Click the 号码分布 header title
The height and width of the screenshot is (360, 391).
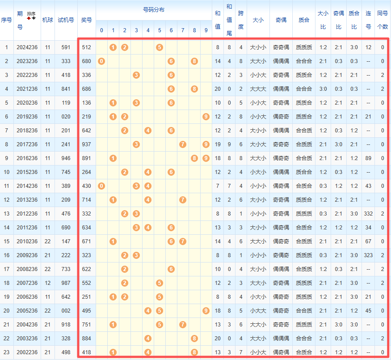click(x=154, y=10)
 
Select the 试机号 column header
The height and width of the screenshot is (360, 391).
click(x=66, y=20)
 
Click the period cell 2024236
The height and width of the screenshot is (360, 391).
click(x=27, y=47)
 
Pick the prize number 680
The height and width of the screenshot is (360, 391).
click(x=87, y=61)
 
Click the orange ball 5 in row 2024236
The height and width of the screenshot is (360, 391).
click(x=160, y=47)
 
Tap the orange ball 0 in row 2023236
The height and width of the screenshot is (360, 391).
click(x=101, y=61)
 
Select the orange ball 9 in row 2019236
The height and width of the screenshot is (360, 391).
click(x=206, y=117)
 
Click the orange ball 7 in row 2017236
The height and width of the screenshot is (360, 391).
click(x=183, y=144)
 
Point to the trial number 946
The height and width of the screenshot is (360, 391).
click(x=66, y=158)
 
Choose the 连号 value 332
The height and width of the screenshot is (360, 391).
click(x=368, y=214)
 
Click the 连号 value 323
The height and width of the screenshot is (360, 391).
click(x=368, y=255)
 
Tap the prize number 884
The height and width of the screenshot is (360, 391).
click(x=87, y=338)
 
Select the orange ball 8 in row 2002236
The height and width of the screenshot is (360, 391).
click(x=194, y=352)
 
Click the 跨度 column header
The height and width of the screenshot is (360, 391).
click(x=241, y=20)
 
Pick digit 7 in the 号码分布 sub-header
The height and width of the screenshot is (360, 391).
click(x=183, y=30)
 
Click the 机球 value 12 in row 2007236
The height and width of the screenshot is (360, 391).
click(x=48, y=283)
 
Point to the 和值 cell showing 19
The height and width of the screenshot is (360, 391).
click(x=218, y=144)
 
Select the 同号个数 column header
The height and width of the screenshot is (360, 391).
click(x=383, y=20)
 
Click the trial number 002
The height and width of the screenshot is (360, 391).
click(x=66, y=311)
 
